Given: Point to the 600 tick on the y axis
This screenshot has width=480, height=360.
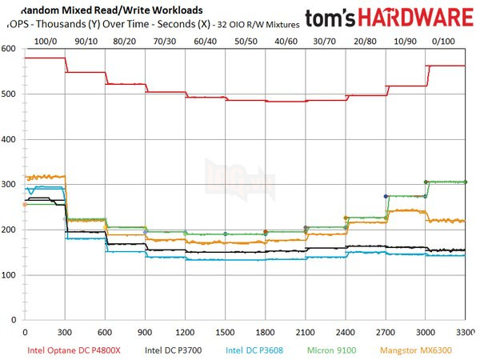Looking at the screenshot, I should (9, 49).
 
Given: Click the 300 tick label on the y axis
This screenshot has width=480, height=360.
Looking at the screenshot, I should (9, 185).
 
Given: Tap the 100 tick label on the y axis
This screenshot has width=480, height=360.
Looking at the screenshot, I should (9, 275).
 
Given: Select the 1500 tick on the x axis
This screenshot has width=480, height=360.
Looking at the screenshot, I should (226, 330).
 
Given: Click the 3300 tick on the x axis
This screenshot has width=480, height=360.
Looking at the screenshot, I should (466, 330).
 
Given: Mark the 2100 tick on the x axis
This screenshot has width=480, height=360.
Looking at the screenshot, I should (306, 330).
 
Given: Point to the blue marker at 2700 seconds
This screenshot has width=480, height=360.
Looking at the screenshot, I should (386, 196).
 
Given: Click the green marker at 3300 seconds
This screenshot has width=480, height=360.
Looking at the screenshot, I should (466, 182).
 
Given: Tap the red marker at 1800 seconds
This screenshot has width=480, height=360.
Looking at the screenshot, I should (266, 232).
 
